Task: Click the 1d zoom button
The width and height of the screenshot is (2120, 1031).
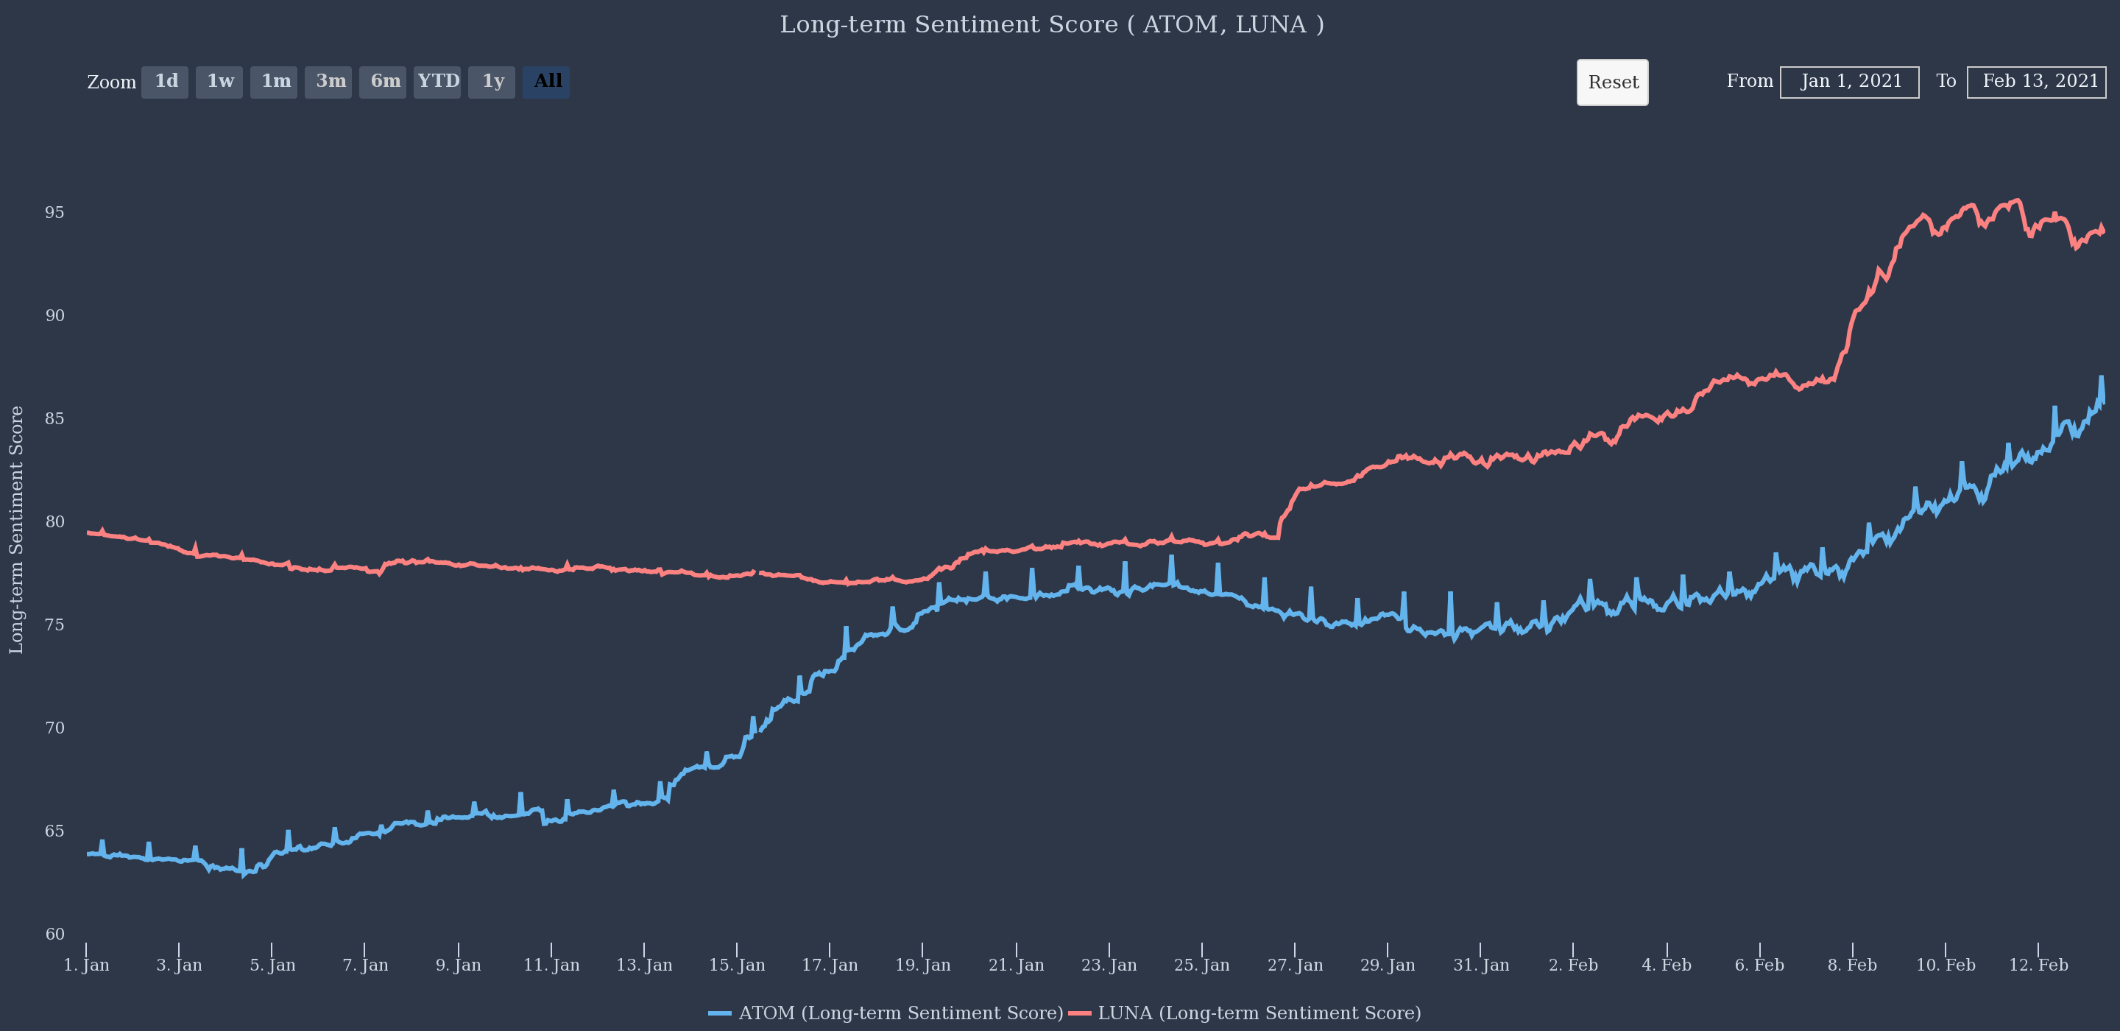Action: coord(165,82)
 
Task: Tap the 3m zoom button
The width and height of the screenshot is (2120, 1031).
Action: coord(328,82)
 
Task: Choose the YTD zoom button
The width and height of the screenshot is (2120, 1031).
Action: coord(437,82)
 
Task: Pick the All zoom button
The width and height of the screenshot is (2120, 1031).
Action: coord(545,82)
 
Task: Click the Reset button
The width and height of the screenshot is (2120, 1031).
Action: coord(1612,82)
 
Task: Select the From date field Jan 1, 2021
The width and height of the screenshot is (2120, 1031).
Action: coord(1849,82)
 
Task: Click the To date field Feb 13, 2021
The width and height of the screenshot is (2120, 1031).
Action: coord(2036,82)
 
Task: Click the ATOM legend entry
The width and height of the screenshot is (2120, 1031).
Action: coord(886,1013)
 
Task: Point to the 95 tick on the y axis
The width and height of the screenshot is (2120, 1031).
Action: coord(54,212)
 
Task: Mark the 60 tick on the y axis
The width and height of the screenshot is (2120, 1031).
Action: coord(54,934)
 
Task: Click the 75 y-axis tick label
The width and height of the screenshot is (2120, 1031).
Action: coord(54,625)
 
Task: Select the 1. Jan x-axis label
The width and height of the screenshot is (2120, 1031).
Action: coord(86,965)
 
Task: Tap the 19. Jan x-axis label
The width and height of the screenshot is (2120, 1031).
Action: coord(922,965)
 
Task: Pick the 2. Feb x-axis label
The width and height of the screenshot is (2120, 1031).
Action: coord(1573,965)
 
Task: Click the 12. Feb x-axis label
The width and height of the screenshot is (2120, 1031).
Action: coord(2038,965)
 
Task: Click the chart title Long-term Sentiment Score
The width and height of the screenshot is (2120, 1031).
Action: coord(1052,25)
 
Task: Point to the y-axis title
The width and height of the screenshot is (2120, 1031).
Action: coord(16,530)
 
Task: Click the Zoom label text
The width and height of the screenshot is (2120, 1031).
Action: coord(112,82)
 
